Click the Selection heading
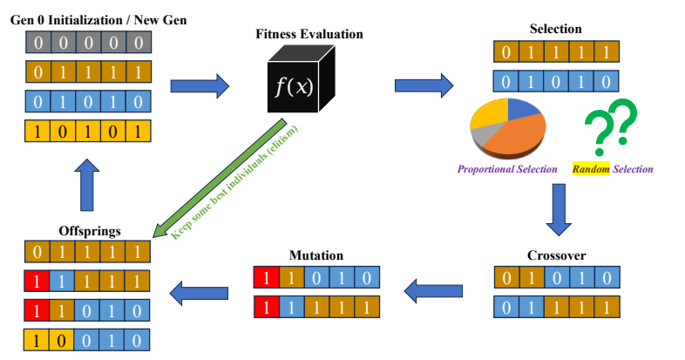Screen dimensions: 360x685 pyautogui.click(x=555, y=29)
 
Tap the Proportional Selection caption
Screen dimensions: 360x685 pyautogui.click(x=507, y=168)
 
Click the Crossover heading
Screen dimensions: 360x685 pyautogui.click(x=556, y=255)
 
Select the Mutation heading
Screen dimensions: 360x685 pyautogui.click(x=315, y=255)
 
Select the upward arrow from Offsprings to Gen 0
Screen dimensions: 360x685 pyautogui.click(x=87, y=185)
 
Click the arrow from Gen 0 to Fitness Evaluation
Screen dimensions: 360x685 pyautogui.click(x=199, y=85)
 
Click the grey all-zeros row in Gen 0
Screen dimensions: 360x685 pyautogui.click(x=87, y=41)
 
